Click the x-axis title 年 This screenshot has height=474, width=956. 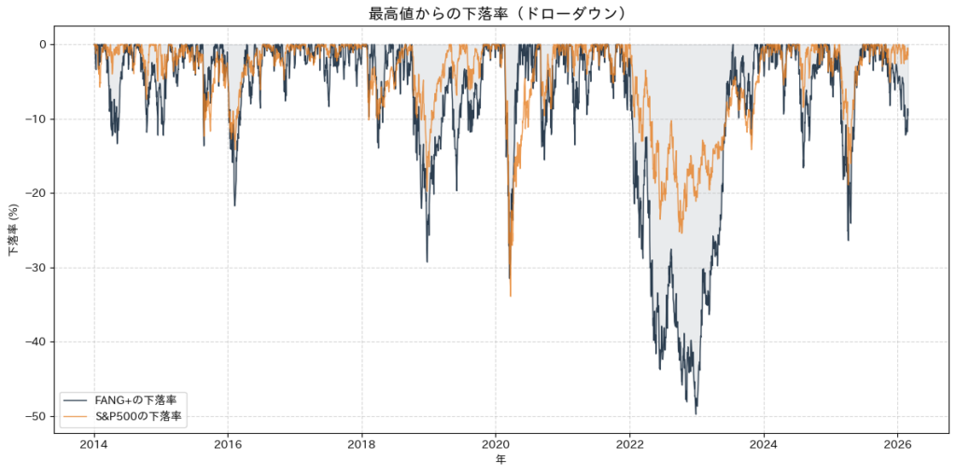pos(501,460)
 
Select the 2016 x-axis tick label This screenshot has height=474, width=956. pos(228,443)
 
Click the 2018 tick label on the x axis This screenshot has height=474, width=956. pos(362,443)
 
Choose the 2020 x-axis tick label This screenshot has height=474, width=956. pos(496,443)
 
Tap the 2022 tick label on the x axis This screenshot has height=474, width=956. pos(630,443)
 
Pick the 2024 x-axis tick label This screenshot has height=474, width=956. pos(764,443)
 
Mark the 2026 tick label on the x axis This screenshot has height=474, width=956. pos(898,443)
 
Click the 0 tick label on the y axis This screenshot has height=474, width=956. pos(42,44)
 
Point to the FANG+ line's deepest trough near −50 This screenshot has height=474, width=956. pos(696,413)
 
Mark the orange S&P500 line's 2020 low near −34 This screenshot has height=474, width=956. pos(511,296)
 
